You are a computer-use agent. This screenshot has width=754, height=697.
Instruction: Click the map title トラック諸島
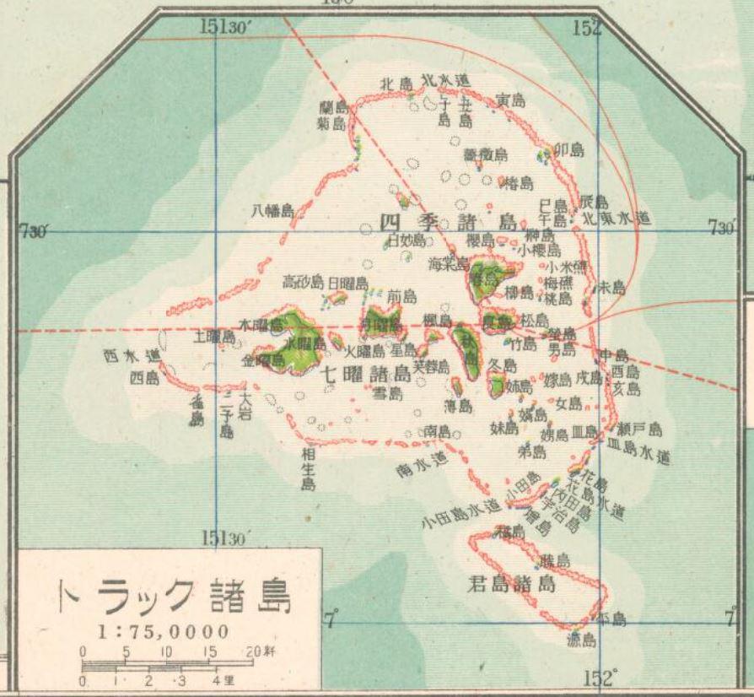coord(173,597)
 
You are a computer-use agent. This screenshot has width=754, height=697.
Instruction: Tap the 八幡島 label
coord(272,211)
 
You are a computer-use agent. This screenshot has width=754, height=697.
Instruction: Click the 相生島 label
coord(308,469)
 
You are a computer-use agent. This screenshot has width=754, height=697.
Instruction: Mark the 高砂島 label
coord(302,282)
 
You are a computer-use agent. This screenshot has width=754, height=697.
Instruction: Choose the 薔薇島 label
coord(486,154)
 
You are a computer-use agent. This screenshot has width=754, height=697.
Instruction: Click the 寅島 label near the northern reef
coord(510,100)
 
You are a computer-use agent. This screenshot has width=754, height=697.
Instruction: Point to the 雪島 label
coord(388,393)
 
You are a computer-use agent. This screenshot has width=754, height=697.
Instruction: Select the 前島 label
coord(401,296)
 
